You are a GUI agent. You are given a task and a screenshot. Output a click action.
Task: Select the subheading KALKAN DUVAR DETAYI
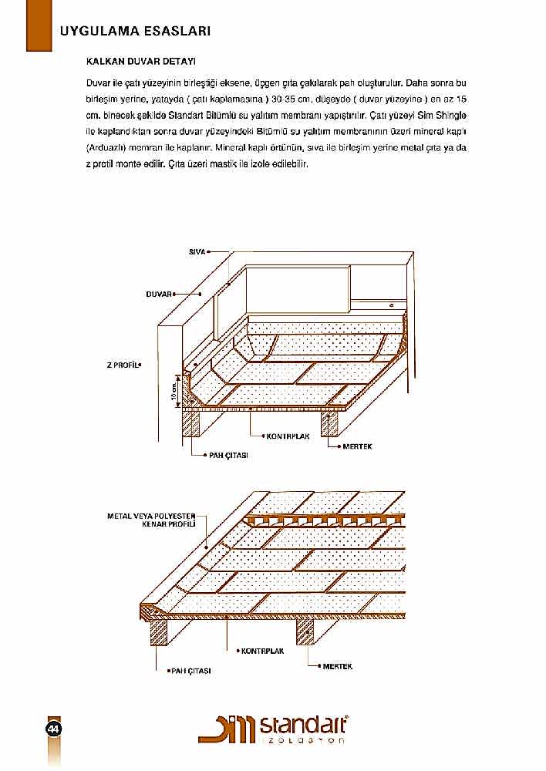pos(142,59)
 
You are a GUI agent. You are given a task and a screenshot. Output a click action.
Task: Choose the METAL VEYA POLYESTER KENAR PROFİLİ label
pos(151,519)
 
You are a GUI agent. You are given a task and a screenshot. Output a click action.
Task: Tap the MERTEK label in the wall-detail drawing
pos(358,446)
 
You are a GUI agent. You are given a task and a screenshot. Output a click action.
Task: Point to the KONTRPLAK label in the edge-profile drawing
pos(262,651)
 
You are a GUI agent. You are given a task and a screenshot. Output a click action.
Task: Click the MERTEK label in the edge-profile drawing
pos(337,666)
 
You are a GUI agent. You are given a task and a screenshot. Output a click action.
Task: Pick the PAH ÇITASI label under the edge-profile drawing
pos(191,672)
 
